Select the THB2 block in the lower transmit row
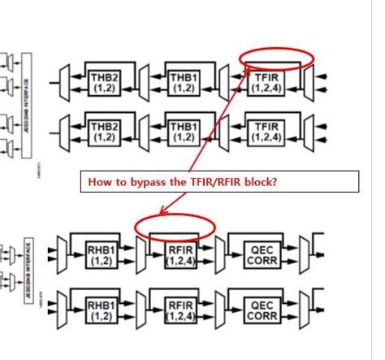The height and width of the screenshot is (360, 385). click(103, 132)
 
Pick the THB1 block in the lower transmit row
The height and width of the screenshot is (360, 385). click(183, 132)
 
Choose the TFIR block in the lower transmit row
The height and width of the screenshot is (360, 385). click(265, 132)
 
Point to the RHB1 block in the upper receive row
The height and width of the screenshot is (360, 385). click(102, 255)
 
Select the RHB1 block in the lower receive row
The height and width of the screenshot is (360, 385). click(102, 310)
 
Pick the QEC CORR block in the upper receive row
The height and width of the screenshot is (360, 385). click(262, 255)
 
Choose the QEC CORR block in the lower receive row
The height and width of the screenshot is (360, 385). click(262, 310)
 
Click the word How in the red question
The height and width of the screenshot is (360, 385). click(98, 182)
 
